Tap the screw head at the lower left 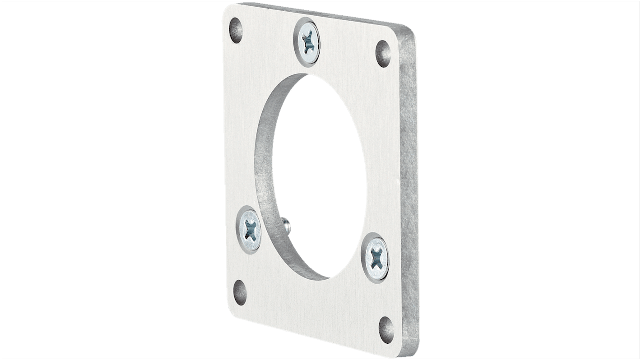[249, 229]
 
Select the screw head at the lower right [376, 258]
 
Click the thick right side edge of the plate [409, 189]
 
